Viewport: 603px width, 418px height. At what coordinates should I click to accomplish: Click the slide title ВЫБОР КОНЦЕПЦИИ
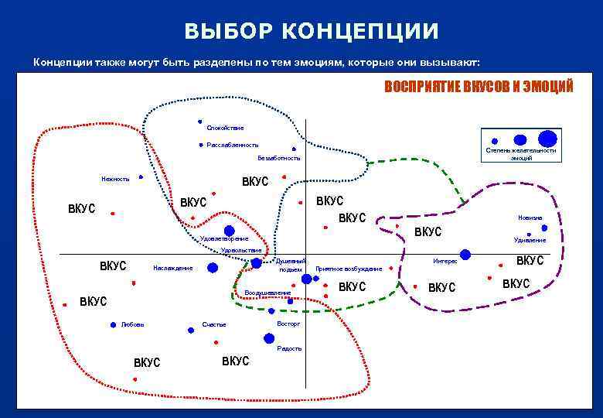pyautogui.click(x=312, y=31)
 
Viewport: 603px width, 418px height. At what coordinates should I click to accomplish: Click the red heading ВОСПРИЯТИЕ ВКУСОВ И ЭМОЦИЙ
pyautogui.click(x=479, y=87)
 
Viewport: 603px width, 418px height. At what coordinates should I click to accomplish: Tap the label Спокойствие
pyautogui.click(x=225, y=128)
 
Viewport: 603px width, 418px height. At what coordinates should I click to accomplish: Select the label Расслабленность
pyautogui.click(x=233, y=145)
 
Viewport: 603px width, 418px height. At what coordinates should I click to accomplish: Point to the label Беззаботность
pyautogui.click(x=278, y=158)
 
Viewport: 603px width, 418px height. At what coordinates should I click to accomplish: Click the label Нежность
pyautogui.click(x=115, y=179)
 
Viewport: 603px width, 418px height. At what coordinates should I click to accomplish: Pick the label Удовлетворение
pyautogui.click(x=224, y=239)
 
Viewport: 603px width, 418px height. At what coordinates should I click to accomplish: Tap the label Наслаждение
pyautogui.click(x=173, y=268)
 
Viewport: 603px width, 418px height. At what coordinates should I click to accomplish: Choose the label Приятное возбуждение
pyautogui.click(x=349, y=269)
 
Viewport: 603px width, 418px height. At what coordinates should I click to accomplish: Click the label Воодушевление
pyautogui.click(x=267, y=293)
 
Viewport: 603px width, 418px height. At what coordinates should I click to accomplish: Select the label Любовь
pyautogui.click(x=132, y=324)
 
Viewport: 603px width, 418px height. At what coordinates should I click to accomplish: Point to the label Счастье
pyautogui.click(x=214, y=324)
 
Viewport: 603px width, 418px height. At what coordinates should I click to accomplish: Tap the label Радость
pyautogui.click(x=289, y=348)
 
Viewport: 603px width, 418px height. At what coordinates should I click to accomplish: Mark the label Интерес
pyautogui.click(x=445, y=262)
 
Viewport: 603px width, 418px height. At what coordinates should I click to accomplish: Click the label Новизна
pyautogui.click(x=530, y=218)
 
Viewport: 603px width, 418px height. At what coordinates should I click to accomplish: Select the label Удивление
pyautogui.click(x=530, y=240)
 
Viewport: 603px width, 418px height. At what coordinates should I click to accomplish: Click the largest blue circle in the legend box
pyautogui.click(x=547, y=139)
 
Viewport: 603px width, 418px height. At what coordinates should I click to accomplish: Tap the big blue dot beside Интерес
pyautogui.click(x=465, y=254)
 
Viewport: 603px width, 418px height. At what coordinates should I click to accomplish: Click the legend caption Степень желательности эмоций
pyautogui.click(x=520, y=154)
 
